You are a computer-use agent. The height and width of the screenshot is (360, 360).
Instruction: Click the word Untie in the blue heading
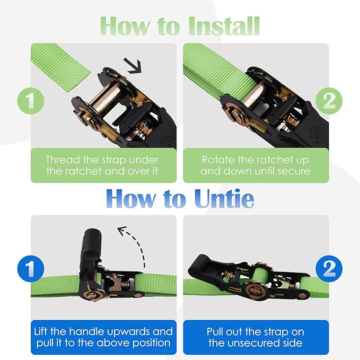coord(219,198)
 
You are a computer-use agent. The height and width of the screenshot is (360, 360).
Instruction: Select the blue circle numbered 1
coord(31,269)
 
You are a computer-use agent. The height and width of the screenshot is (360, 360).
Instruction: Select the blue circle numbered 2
coord(329,269)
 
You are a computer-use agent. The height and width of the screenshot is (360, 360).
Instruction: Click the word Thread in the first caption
coord(62,160)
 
